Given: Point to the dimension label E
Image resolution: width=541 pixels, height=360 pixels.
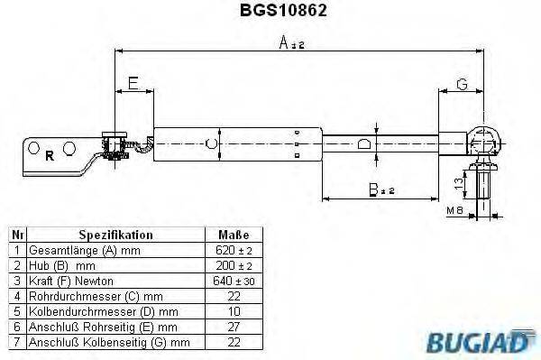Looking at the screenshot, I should tap(133, 85).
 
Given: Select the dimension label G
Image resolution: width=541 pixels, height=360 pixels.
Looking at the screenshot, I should tap(461, 85).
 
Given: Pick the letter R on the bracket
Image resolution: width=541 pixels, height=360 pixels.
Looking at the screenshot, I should tap(49, 153).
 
